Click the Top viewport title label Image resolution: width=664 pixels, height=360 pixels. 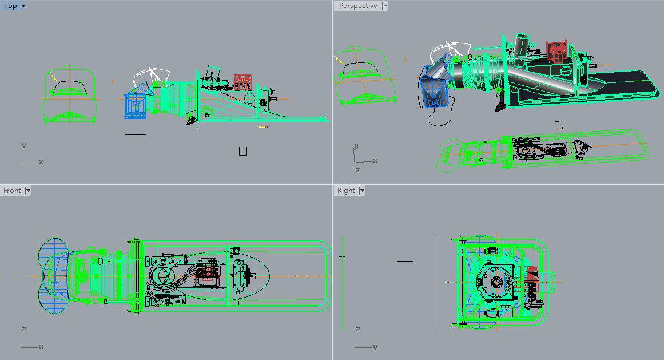[10, 6]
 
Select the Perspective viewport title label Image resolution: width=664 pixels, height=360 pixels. [358, 6]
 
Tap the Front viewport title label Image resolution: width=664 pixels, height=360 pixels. [12, 191]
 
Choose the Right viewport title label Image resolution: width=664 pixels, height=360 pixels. [346, 191]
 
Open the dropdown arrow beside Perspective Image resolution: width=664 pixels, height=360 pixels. [385, 6]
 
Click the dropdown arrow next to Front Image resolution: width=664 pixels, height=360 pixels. [27, 191]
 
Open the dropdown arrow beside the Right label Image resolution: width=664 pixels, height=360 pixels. [362, 191]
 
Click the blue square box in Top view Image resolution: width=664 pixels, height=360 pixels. [135, 106]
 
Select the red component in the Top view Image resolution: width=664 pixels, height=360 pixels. [242, 82]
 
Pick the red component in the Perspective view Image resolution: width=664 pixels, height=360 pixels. [556, 50]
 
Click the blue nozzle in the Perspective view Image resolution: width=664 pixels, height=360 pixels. [435, 86]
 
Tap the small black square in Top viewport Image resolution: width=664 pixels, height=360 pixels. [243, 151]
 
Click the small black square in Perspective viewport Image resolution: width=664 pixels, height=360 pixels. [559, 125]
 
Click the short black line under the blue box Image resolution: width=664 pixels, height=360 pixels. [135, 134]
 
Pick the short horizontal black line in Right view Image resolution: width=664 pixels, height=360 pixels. [405, 261]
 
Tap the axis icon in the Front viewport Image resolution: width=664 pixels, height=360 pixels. [29, 341]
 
